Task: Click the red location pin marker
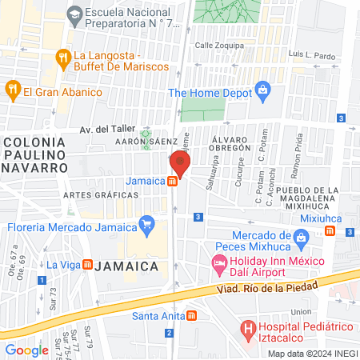point(180,165)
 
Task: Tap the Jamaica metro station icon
point(173,181)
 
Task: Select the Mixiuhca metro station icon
point(330,231)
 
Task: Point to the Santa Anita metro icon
point(190,315)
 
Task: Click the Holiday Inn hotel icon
point(218,263)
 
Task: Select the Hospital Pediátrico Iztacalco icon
point(249,327)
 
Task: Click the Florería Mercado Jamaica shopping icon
point(146,225)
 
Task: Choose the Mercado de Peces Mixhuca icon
point(300,236)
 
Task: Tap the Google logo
point(26,350)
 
